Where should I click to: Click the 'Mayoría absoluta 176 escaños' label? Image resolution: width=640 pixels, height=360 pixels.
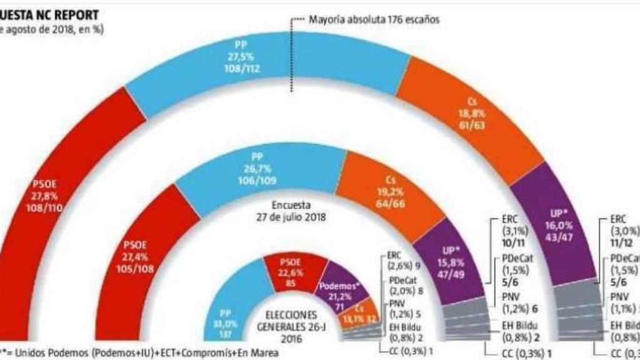(374, 20)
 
